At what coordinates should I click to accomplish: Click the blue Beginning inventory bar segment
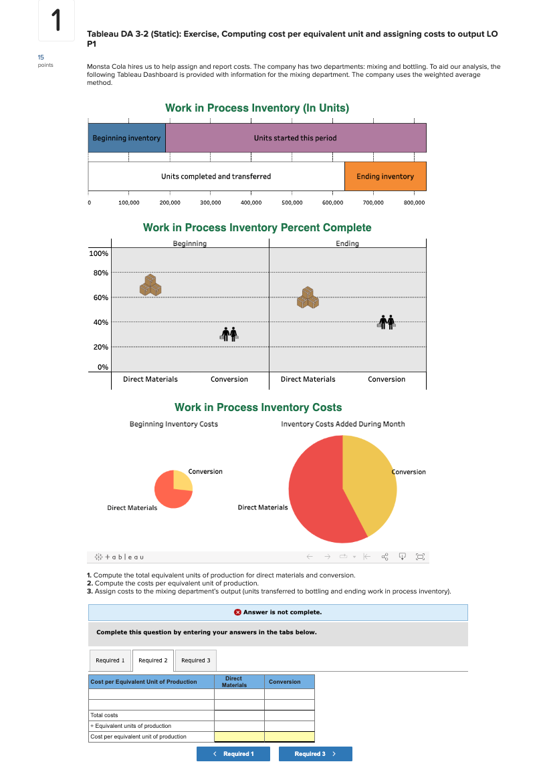tap(126, 138)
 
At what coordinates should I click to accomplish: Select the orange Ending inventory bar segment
tap(385, 176)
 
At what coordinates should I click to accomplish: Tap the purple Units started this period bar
tap(295, 138)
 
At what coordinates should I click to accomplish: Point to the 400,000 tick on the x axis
tap(251, 202)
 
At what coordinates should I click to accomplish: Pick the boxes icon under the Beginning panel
tap(150, 285)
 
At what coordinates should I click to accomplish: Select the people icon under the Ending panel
tap(387, 321)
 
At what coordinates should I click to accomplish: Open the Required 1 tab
tap(110, 660)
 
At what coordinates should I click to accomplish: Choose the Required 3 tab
tap(195, 660)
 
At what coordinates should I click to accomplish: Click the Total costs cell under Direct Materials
tap(239, 715)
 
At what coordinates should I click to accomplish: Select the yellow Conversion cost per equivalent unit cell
tap(289, 737)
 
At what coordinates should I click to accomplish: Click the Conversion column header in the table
tap(285, 682)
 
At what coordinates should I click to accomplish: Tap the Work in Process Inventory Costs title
tap(258, 407)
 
